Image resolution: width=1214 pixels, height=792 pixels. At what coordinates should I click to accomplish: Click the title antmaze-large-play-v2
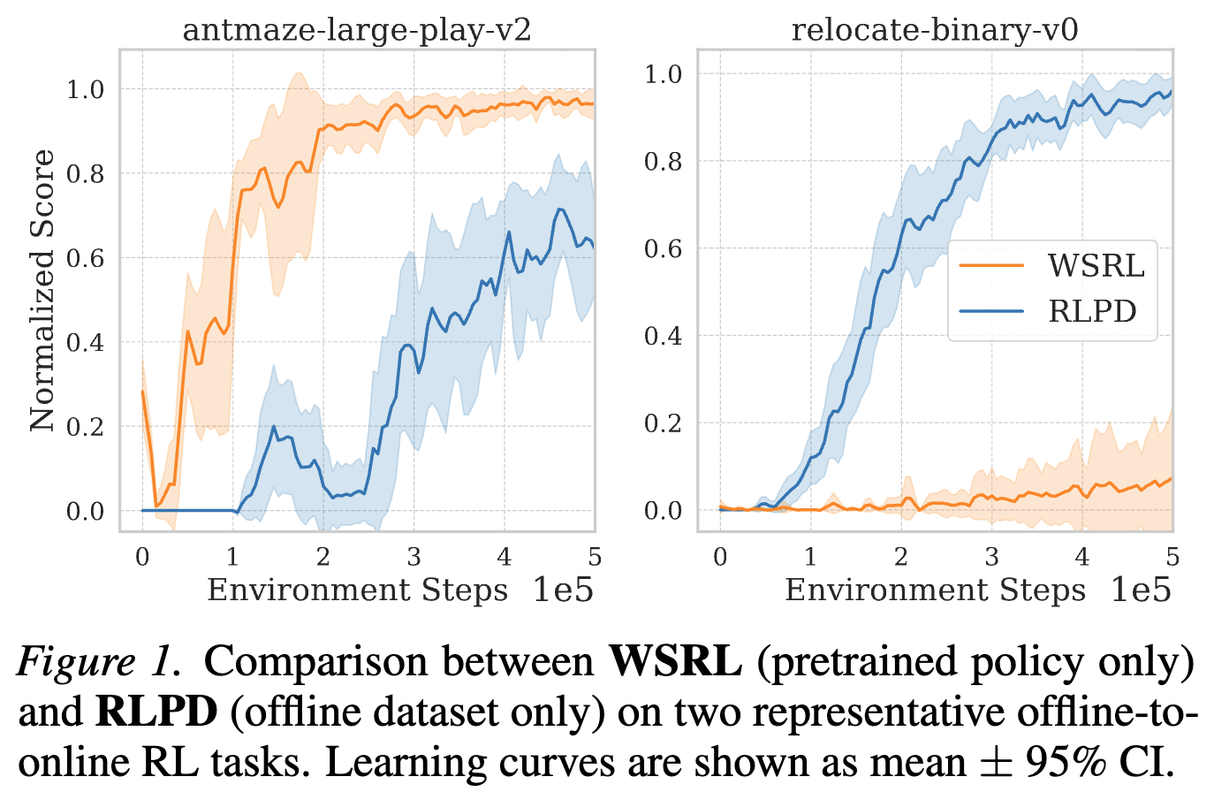[x=357, y=30]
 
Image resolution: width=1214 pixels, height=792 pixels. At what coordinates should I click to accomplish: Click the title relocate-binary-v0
[x=934, y=30]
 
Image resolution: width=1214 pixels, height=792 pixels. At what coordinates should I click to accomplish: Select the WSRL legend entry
[x=1096, y=264]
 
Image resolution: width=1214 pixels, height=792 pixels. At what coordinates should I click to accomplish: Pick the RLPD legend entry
[x=1092, y=311]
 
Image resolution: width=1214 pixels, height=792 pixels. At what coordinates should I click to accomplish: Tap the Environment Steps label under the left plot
[x=357, y=590]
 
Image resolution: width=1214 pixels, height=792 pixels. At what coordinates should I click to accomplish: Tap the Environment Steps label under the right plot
[x=935, y=590]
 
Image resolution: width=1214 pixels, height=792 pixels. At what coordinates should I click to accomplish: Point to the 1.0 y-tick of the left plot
[x=86, y=89]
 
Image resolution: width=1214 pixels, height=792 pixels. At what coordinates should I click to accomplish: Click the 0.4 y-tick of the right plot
[x=663, y=336]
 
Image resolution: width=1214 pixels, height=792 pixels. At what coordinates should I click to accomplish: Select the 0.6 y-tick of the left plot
[x=86, y=258]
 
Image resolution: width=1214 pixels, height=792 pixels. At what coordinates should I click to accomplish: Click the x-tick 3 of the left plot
[x=414, y=557]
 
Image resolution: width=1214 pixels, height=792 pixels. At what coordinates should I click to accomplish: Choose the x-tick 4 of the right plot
[x=1081, y=557]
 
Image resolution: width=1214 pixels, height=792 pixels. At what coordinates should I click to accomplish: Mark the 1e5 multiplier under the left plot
[x=563, y=590]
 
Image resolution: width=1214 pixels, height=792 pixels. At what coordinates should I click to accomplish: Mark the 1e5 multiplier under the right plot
[x=1141, y=590]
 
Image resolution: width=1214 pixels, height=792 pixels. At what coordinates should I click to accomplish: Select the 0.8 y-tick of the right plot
[x=663, y=161]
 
